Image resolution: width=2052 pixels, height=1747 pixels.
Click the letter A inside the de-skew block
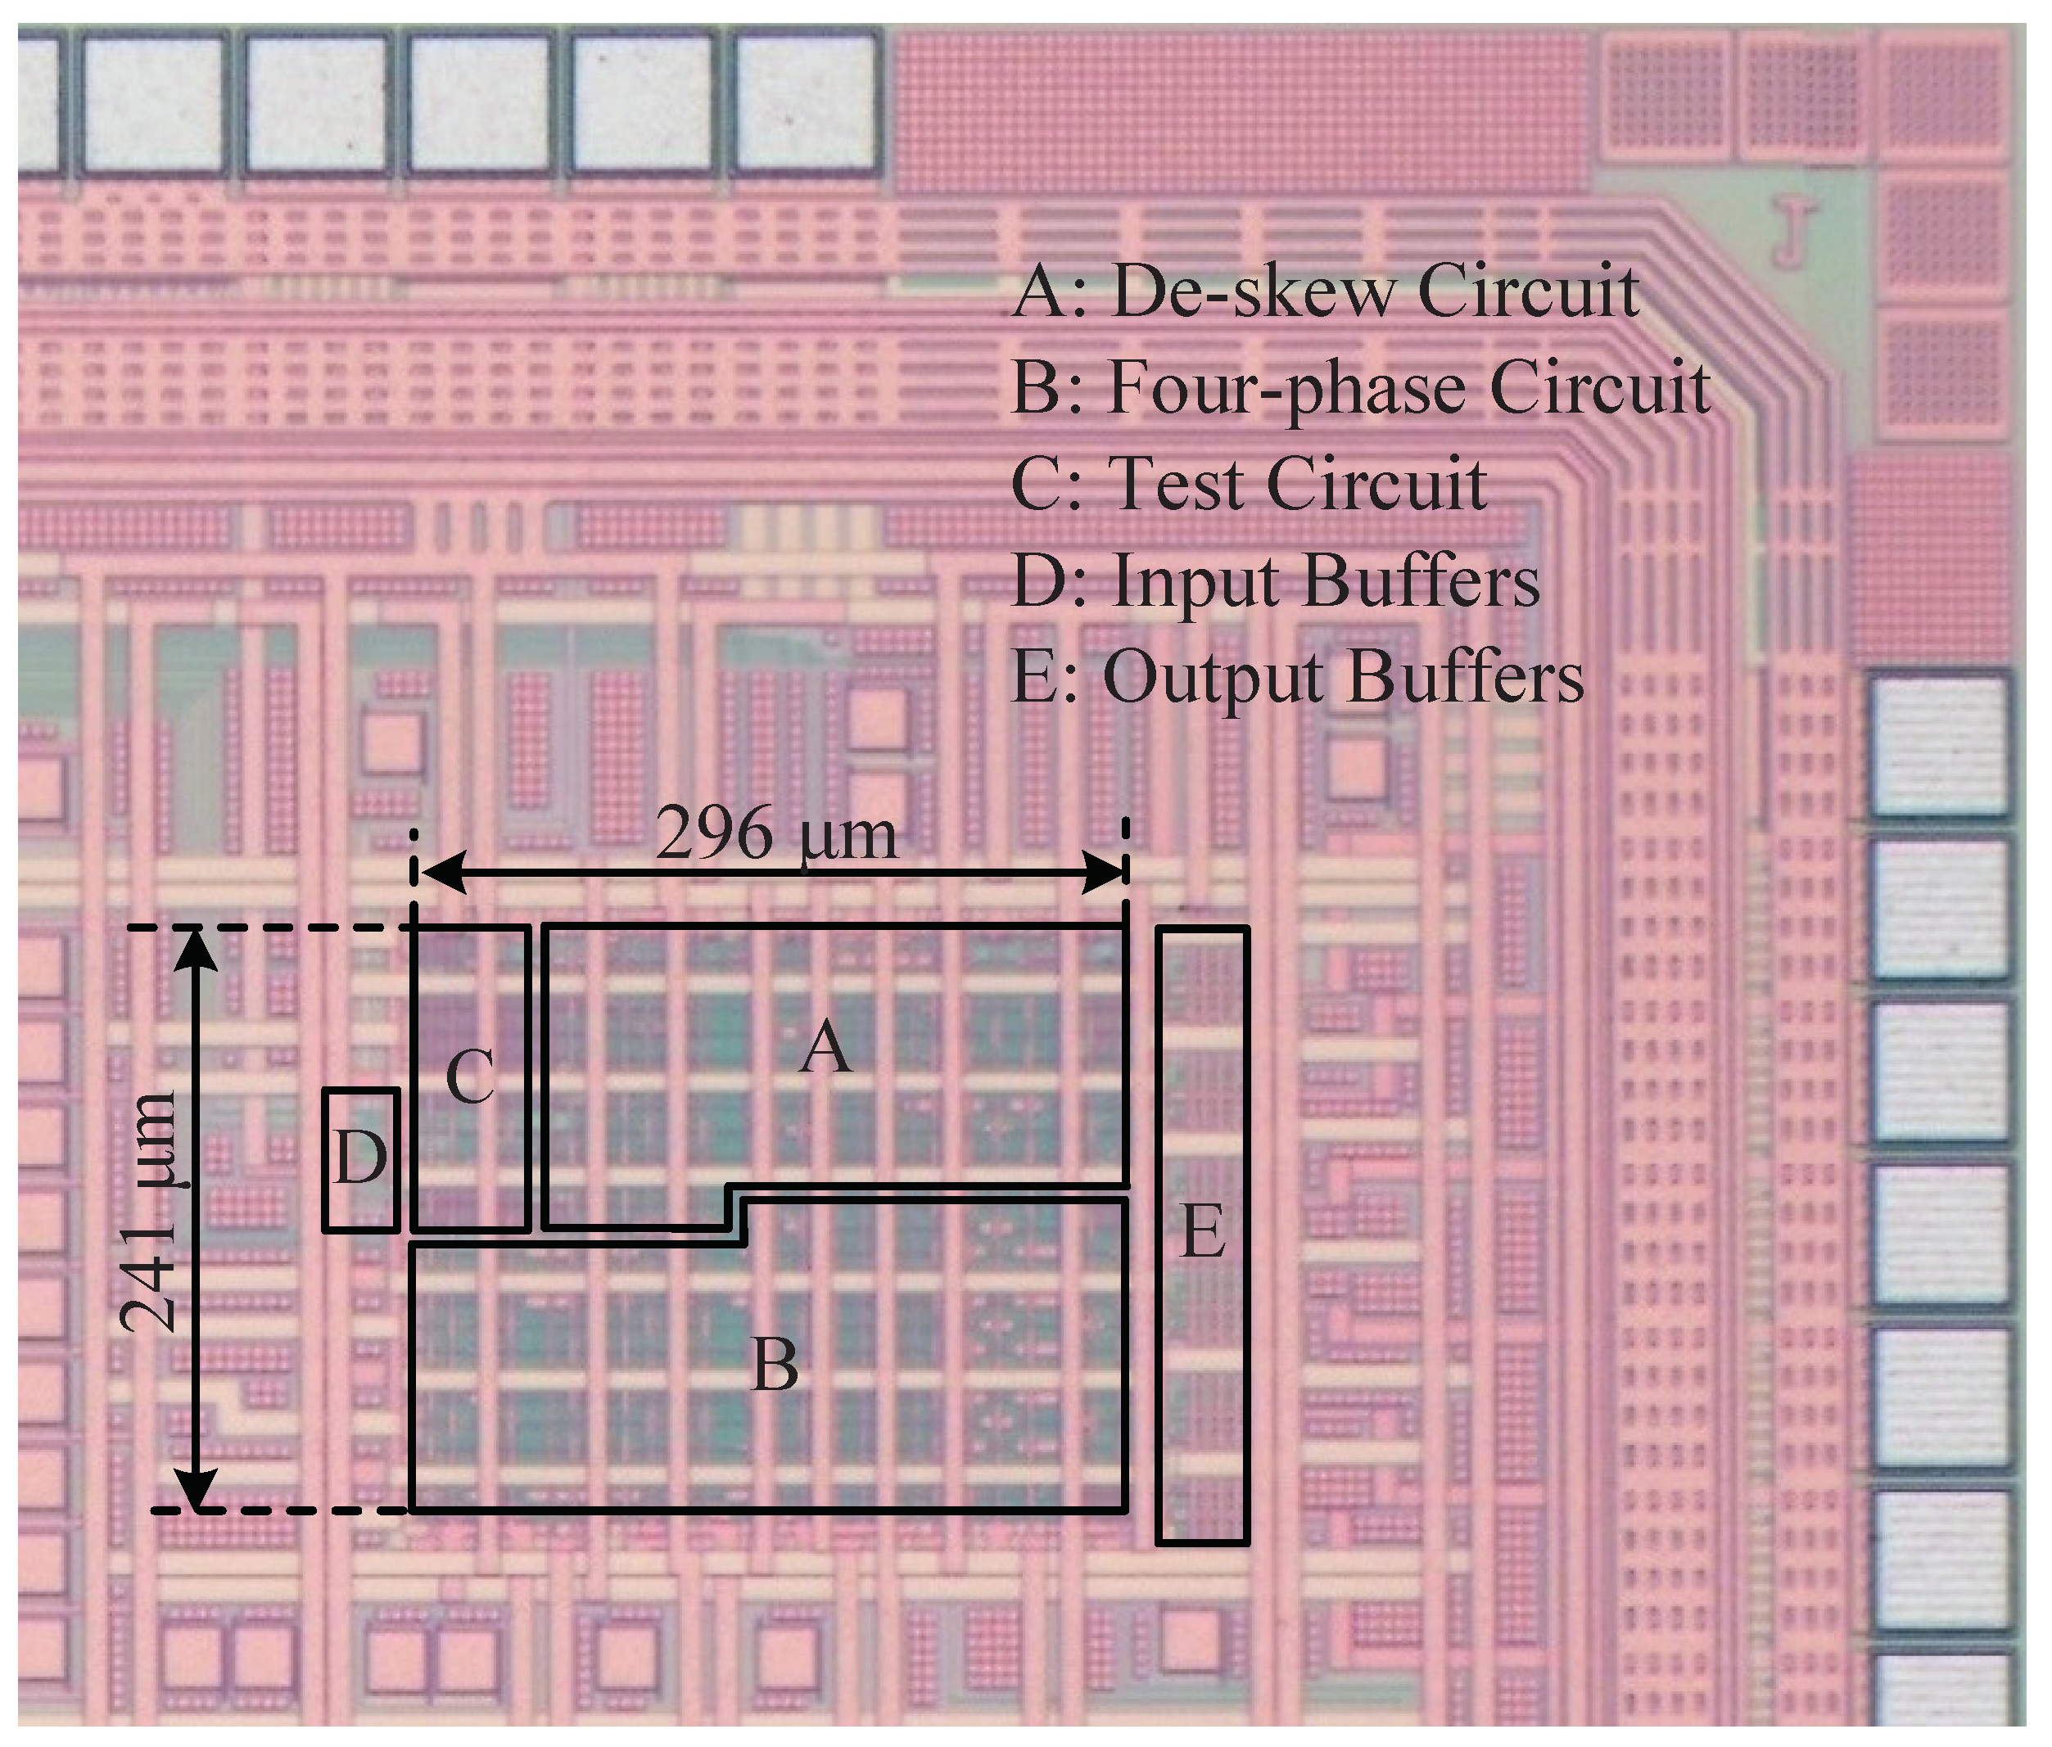825,1049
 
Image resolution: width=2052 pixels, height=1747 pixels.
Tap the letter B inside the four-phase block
775,1365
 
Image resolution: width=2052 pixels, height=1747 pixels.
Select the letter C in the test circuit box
469,1077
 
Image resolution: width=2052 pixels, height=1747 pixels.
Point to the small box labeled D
360,1158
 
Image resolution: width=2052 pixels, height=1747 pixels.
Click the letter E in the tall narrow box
1203,1233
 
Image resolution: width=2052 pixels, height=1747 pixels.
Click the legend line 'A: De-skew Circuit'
1325,292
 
